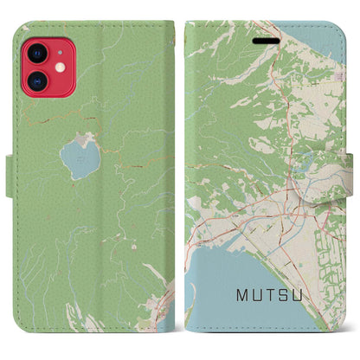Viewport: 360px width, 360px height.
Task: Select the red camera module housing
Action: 44,67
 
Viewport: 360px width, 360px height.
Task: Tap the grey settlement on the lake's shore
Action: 84,138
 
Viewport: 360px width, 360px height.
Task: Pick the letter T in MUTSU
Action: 278,296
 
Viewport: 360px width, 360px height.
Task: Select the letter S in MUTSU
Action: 295,296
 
